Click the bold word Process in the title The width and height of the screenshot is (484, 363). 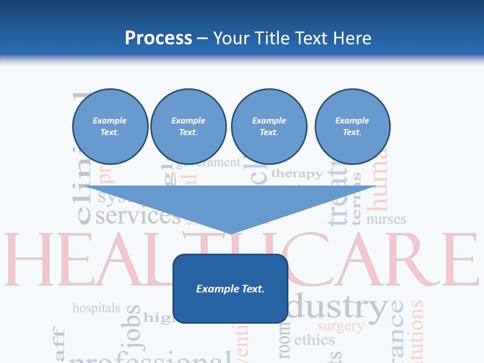click(x=158, y=38)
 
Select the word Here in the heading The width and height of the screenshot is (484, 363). click(x=351, y=38)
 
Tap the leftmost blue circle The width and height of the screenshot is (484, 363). click(x=110, y=127)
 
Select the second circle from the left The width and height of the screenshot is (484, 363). click(x=188, y=127)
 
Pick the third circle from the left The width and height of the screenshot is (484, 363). click(x=269, y=127)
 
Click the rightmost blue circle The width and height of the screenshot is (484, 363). click(x=352, y=127)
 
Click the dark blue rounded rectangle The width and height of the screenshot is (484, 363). click(x=230, y=288)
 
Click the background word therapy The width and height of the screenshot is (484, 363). click(x=297, y=174)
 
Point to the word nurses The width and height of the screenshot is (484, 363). click(x=386, y=219)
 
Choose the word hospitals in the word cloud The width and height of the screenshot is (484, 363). click(x=96, y=308)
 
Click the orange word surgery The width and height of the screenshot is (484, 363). click(x=340, y=326)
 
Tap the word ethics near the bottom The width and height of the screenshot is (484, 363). click(x=314, y=340)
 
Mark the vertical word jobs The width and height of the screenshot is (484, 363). click(x=133, y=327)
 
